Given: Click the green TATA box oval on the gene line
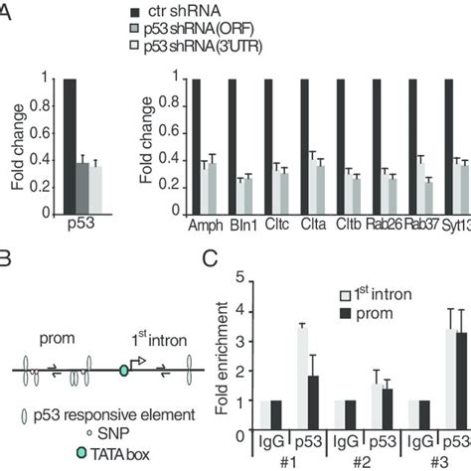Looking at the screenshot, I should click(x=123, y=371).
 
